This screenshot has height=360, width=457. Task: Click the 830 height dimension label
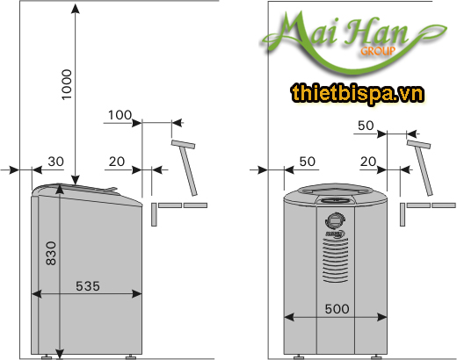point(51,255)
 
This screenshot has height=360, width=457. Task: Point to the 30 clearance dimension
point(55,162)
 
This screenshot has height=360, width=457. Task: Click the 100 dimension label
point(120,115)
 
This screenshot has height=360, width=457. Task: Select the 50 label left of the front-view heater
point(307,162)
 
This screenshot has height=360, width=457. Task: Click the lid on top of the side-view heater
point(83,191)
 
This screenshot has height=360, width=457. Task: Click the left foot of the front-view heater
point(298,356)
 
